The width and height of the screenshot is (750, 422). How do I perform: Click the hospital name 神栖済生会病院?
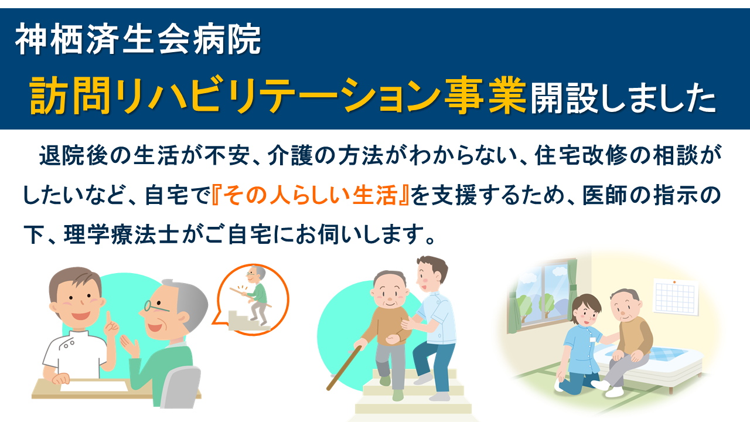point(138,39)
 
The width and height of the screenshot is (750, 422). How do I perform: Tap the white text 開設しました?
point(623,97)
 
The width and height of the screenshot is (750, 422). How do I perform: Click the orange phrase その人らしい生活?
point(311,195)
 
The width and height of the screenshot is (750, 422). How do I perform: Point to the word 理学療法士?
point(121,234)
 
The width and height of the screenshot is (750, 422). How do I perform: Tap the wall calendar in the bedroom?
point(676,297)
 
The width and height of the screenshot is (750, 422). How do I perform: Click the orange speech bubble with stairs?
point(252,300)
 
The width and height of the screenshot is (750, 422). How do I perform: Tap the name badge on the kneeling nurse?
point(593,339)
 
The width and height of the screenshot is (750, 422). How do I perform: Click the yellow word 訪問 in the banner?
point(70,95)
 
